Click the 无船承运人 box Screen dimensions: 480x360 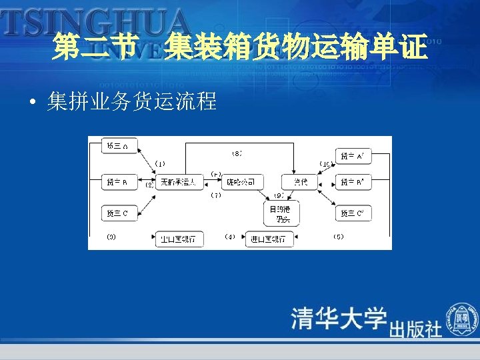click(x=178, y=181)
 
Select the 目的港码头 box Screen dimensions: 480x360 click(x=282, y=213)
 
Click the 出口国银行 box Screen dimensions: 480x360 click(x=178, y=239)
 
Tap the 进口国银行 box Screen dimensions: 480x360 click(x=269, y=239)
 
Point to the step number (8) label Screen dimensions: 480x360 click(x=237, y=153)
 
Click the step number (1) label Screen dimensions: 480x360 click(x=160, y=163)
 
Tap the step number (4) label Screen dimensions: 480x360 click(x=229, y=236)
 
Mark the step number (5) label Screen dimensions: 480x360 click(x=338, y=236)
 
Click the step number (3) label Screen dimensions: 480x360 click(x=111, y=236)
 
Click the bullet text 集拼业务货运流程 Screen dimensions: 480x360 click(x=132, y=102)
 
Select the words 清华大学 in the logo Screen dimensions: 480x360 click(x=339, y=319)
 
